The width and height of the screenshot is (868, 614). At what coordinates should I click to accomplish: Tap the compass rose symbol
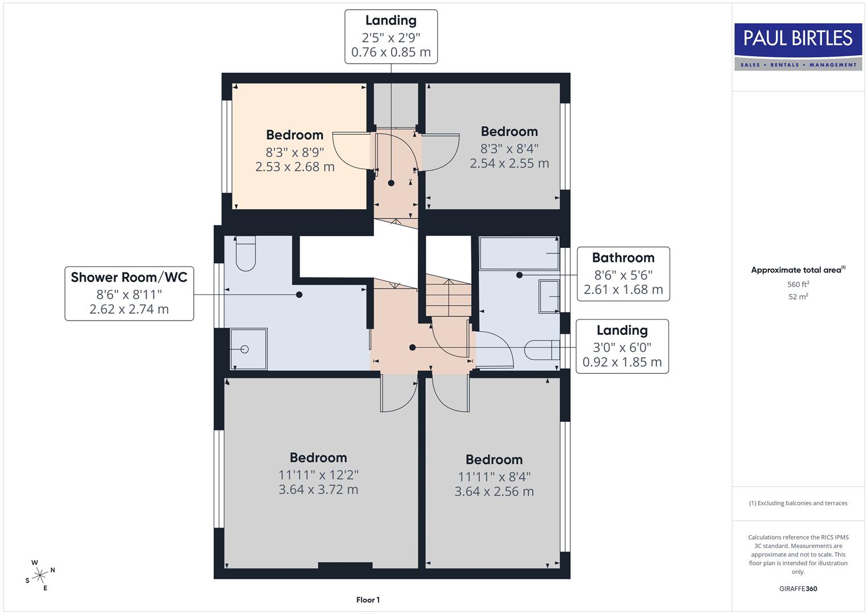[x=39, y=575]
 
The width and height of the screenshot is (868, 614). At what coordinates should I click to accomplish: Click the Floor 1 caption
[x=368, y=600]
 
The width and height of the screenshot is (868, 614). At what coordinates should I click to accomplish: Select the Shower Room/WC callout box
[x=129, y=293]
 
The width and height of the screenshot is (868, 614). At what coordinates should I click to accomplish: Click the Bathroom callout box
[x=623, y=274]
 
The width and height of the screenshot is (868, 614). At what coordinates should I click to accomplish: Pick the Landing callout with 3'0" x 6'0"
[x=622, y=346]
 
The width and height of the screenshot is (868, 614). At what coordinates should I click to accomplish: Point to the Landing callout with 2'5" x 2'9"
[x=391, y=36]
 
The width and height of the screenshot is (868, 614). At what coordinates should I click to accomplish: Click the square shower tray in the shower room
[x=248, y=349]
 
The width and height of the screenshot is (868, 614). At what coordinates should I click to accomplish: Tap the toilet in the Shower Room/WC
[x=246, y=255]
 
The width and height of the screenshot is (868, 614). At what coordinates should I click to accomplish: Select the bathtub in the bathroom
[x=519, y=253]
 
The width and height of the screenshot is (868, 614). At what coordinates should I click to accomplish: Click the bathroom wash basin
[x=549, y=296]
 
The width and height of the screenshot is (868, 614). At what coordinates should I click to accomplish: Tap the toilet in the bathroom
[x=542, y=350]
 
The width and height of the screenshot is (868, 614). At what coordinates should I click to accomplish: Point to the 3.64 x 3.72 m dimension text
[x=318, y=489]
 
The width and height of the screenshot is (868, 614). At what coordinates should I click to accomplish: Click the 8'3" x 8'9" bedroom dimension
[x=294, y=152]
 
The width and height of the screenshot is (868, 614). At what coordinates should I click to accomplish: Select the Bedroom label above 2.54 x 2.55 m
[x=509, y=131]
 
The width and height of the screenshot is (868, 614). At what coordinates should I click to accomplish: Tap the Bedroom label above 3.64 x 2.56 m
[x=494, y=459]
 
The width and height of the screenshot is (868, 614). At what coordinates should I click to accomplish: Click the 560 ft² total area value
[x=798, y=284]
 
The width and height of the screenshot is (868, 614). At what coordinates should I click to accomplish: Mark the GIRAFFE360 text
[x=798, y=588]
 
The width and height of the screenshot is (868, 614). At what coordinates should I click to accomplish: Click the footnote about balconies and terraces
[x=798, y=503]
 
